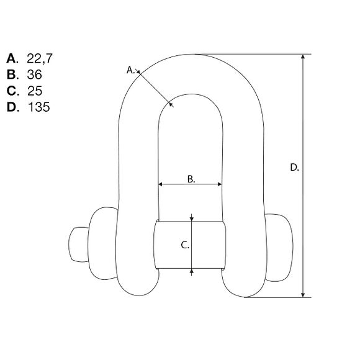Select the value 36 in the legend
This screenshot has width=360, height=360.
point(35,74)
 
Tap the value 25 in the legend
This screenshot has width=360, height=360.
point(35,91)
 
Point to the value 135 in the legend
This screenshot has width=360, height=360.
point(38,107)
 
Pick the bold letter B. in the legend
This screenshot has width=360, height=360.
point(12,74)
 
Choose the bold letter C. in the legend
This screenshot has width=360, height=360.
point(12,91)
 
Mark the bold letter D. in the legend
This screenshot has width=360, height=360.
point(12,107)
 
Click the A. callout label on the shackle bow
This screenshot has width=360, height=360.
point(131,70)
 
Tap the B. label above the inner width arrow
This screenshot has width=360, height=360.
point(191,179)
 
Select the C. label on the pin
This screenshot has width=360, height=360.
point(184,245)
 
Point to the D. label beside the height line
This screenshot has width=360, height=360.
point(294,167)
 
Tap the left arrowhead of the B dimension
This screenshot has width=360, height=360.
point(161,184)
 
